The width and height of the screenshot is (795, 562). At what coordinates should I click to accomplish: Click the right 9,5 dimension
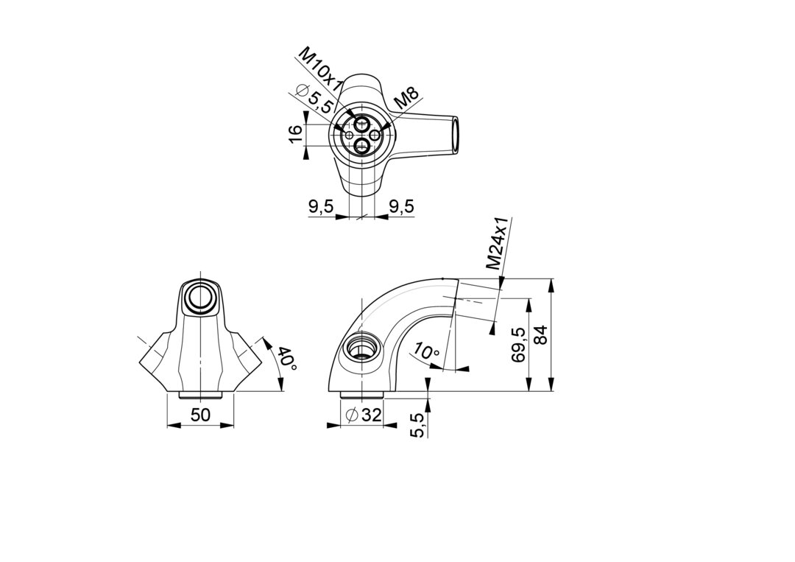(402, 206)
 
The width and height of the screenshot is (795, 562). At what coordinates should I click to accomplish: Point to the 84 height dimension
(542, 336)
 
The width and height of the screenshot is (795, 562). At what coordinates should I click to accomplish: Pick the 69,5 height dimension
(518, 344)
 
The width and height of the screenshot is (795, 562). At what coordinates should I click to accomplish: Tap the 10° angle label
(426, 351)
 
